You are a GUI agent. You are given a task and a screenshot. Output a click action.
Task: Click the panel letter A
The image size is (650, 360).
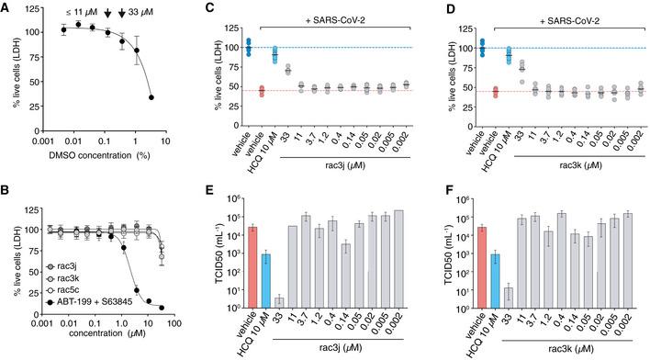6,6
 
